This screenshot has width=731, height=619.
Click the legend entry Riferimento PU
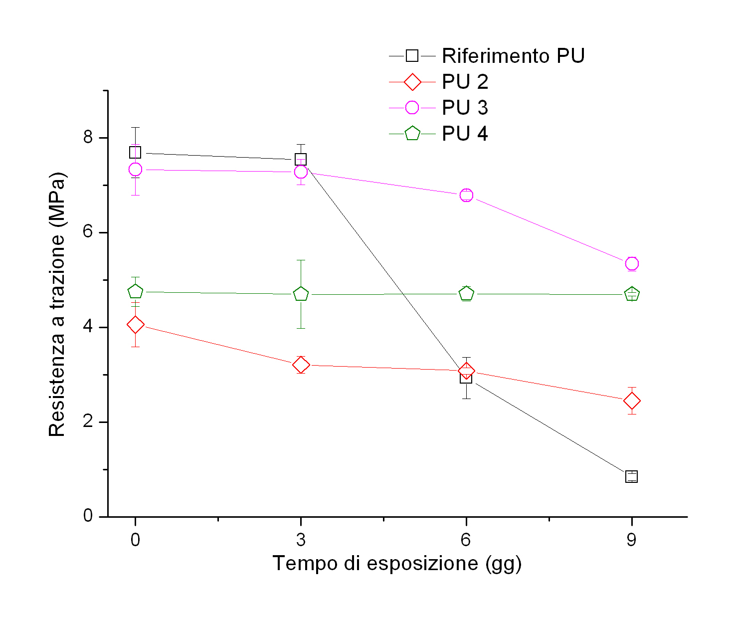tap(513, 56)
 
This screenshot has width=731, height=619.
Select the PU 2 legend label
tap(465, 82)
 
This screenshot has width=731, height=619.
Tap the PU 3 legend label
tap(465, 108)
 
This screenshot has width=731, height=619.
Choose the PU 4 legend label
tap(465, 134)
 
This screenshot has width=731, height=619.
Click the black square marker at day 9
tap(631, 476)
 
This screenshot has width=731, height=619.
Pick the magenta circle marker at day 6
tap(466, 195)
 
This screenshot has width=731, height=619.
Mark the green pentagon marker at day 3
tap(301, 294)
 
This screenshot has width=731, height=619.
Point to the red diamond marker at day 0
tap(135, 325)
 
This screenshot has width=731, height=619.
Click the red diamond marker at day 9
tap(632, 401)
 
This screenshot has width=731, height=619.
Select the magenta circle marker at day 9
tap(632, 263)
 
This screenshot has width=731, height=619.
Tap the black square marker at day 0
tap(135, 152)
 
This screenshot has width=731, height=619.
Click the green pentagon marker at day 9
tap(632, 294)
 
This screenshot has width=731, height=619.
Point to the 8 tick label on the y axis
tap(88, 137)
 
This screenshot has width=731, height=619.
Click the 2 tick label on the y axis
tap(88, 421)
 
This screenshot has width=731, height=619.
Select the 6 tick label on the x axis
tap(466, 540)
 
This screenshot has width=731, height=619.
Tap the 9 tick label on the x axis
tap(631, 540)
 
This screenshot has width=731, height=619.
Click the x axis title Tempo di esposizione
tap(397, 564)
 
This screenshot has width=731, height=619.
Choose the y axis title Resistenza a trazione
tap(57, 304)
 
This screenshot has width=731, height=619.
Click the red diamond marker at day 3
tap(301, 365)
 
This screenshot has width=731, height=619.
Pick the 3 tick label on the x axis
tap(301, 540)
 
